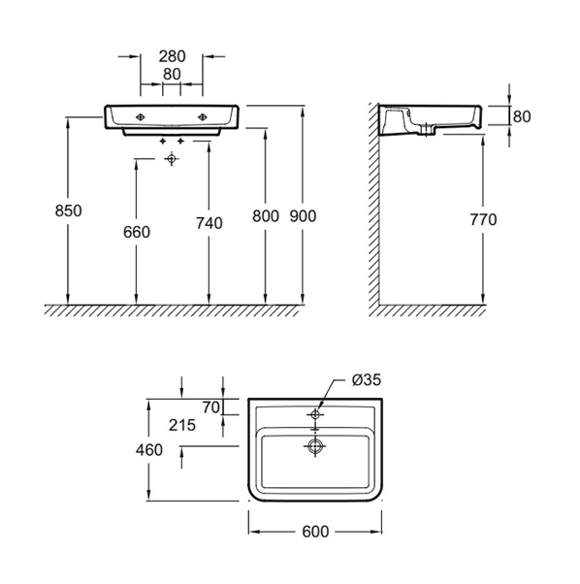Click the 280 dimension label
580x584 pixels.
pyautogui.click(x=172, y=56)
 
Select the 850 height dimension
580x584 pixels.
pyautogui.click(x=68, y=211)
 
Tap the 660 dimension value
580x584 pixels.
pyautogui.click(x=137, y=232)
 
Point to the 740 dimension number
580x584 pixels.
pyautogui.click(x=209, y=223)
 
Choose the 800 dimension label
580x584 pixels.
pyautogui.click(x=266, y=216)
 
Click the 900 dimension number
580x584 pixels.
pyautogui.click(x=303, y=216)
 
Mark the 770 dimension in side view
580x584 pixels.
pyautogui.click(x=483, y=220)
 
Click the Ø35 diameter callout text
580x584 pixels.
pyautogui.click(x=367, y=380)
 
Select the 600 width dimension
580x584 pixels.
pyautogui.click(x=315, y=532)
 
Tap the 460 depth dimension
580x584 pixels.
pyautogui.click(x=149, y=450)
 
